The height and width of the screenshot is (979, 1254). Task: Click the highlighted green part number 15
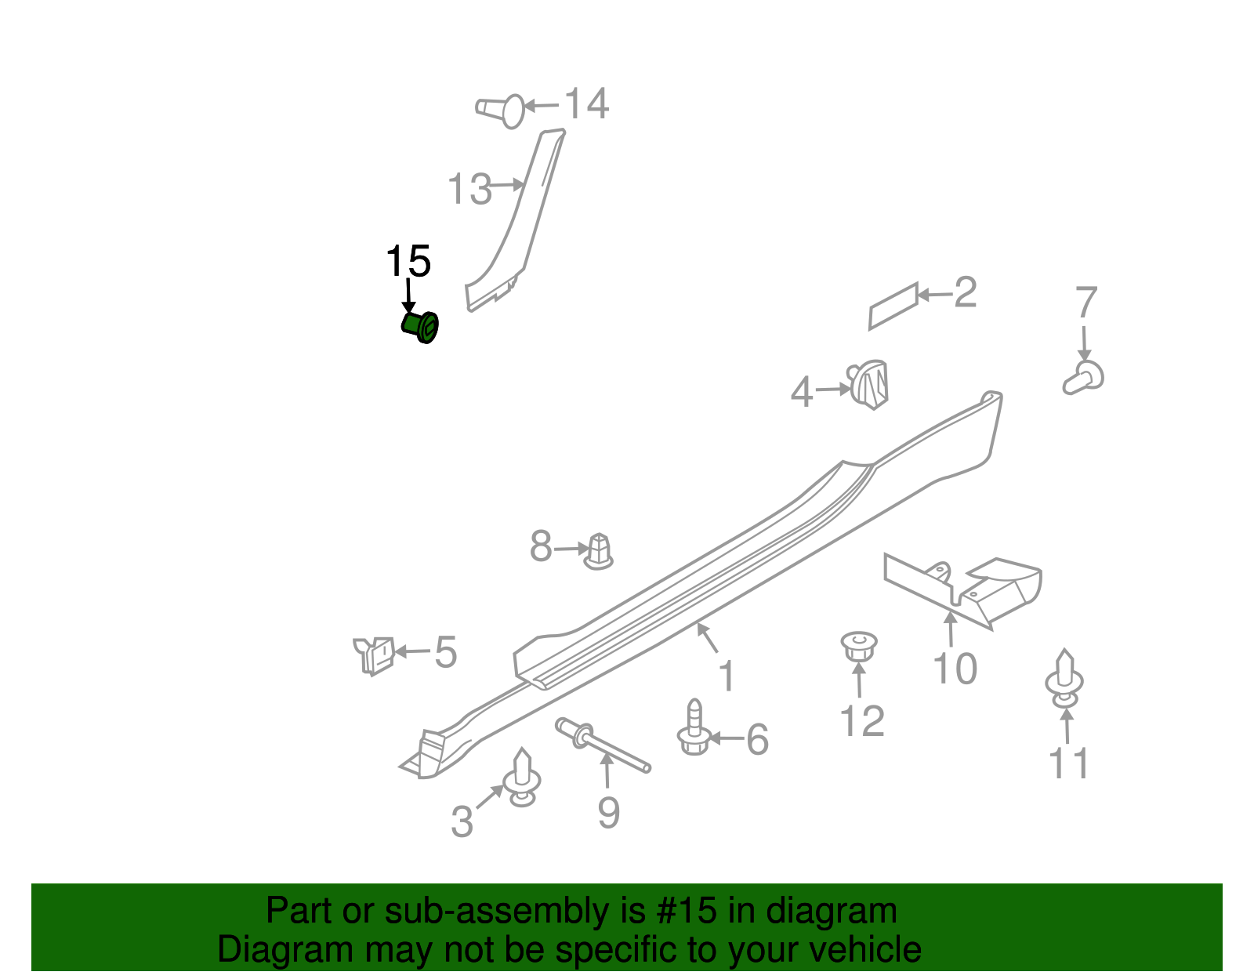click(421, 325)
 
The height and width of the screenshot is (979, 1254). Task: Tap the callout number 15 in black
click(408, 262)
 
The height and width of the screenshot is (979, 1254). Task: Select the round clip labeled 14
click(502, 110)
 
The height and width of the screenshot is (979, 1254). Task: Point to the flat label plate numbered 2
click(893, 306)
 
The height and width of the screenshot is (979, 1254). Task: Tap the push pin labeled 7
click(1085, 378)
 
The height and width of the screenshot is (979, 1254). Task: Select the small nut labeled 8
click(599, 551)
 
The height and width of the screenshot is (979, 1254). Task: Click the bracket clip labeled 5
click(375, 654)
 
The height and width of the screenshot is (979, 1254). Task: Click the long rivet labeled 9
click(602, 745)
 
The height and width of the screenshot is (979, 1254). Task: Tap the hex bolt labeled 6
click(694, 730)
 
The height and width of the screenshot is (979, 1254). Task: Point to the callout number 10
click(955, 669)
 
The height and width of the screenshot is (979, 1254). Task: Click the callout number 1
click(727, 676)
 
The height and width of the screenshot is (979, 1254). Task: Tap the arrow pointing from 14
click(541, 106)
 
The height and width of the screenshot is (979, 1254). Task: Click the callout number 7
click(1086, 303)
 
